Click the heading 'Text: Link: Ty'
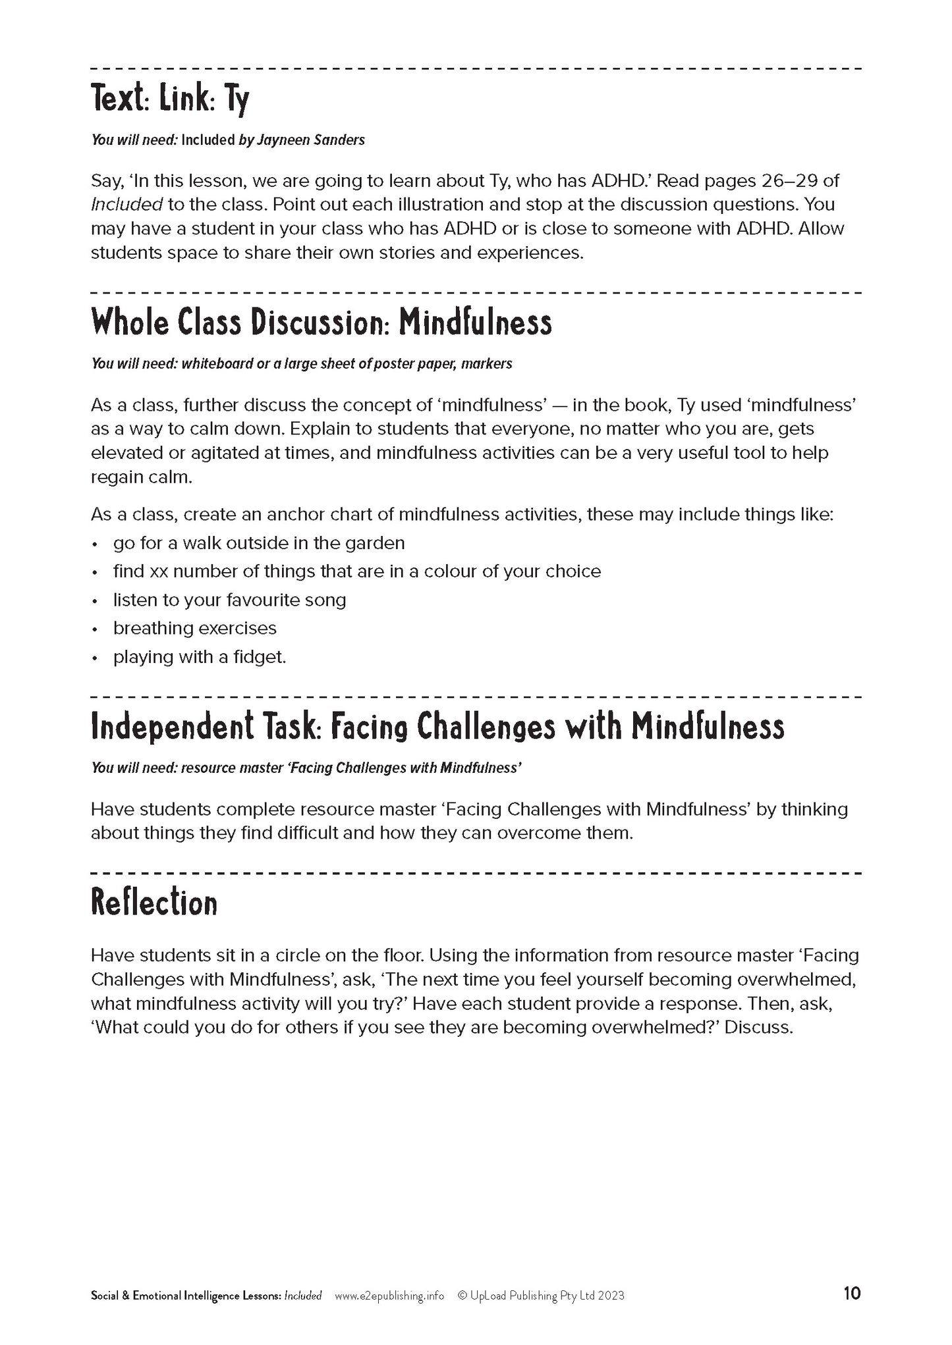[x=170, y=101]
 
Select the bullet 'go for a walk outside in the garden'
[x=259, y=543]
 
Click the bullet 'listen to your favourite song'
[x=229, y=600]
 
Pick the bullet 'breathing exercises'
[x=194, y=628]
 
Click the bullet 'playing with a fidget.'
[x=200, y=657]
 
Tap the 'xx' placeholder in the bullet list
[x=159, y=571]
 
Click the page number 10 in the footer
[x=851, y=1294]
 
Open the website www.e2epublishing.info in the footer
[x=389, y=1296]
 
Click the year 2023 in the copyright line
[x=611, y=1296]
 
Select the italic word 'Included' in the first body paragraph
[x=126, y=205]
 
